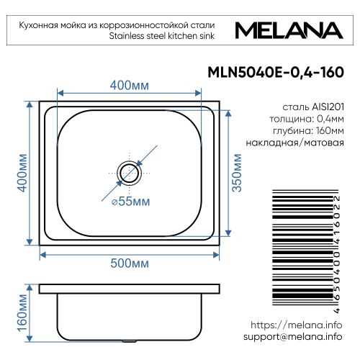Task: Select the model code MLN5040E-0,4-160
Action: (274, 72)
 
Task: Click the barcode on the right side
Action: (299, 245)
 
